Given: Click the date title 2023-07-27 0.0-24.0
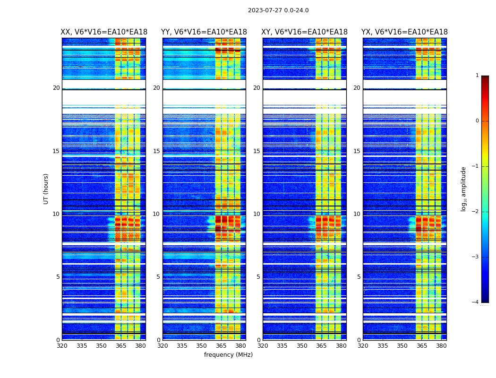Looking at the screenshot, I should click(x=278, y=10).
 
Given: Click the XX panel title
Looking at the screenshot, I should click(x=104, y=32).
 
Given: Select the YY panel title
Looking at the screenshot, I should click(x=204, y=32).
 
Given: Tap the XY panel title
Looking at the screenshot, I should click(x=305, y=32).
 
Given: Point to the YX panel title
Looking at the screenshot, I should click(x=404, y=32).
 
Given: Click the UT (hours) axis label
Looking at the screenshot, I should click(x=46, y=189).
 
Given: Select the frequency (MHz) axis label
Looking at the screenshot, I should click(x=228, y=355).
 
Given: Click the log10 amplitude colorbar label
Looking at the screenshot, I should click(x=464, y=189).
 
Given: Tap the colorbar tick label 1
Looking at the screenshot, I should click(x=477, y=76).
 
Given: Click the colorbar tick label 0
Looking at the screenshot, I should click(x=477, y=121).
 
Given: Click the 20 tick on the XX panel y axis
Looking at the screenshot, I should click(x=56, y=88).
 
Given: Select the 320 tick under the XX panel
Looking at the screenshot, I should click(x=62, y=346).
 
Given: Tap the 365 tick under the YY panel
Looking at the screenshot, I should click(x=221, y=346).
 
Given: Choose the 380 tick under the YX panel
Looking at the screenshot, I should click(x=441, y=346).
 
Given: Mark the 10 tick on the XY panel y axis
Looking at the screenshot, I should click(x=256, y=214).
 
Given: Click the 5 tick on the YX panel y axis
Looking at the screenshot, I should click(x=359, y=277).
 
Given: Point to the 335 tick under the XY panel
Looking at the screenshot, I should click(x=282, y=346).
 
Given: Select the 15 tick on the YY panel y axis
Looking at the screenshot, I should click(x=156, y=151).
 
